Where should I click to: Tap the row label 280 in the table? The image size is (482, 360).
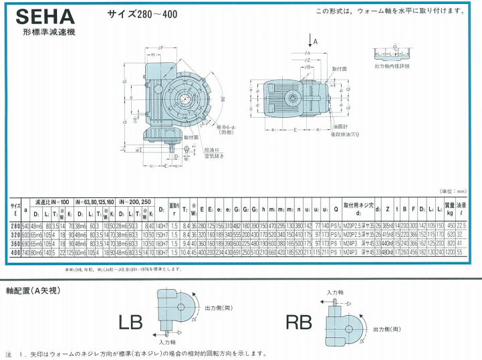[15, 227]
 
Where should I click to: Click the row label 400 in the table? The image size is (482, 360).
[15, 253]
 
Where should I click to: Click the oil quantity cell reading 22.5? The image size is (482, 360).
[461, 227]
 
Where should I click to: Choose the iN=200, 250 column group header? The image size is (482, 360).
[136, 201]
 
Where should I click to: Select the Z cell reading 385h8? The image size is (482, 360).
[386, 227]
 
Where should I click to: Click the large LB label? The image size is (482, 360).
[132, 322]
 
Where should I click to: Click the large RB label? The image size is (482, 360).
[299, 322]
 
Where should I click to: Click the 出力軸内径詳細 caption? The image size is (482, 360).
[392, 66]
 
